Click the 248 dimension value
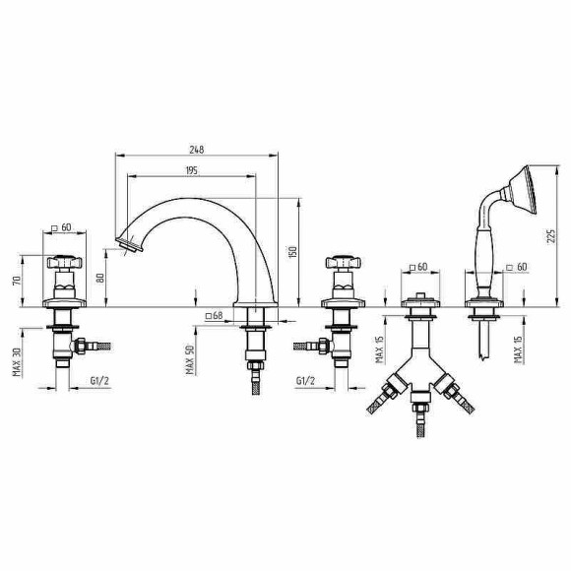point(197,150)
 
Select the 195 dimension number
point(192,170)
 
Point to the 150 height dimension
point(292,252)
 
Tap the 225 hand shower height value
point(552,237)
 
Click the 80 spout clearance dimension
point(100,278)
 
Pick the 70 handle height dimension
point(17,281)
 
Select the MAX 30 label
point(17,362)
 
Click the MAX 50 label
point(190,359)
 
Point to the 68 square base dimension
point(215,315)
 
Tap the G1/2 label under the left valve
point(99,381)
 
